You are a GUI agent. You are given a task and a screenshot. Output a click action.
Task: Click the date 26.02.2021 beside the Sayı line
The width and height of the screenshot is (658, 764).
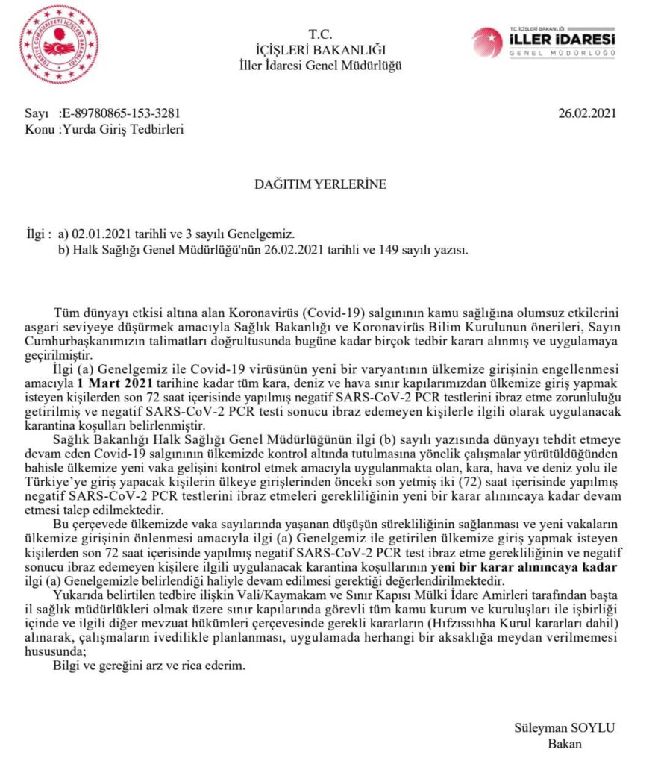[587, 113]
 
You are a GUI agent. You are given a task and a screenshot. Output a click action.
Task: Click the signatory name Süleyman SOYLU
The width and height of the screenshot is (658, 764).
[564, 727]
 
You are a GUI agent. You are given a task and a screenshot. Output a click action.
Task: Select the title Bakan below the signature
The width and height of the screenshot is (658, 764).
[564, 743]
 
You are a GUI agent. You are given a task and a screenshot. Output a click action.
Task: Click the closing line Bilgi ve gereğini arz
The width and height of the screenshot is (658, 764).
[148, 666]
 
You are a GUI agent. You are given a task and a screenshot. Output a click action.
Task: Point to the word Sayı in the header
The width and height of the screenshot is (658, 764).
[36, 113]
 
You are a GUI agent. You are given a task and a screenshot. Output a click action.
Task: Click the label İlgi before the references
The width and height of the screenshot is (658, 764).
[37, 234]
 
